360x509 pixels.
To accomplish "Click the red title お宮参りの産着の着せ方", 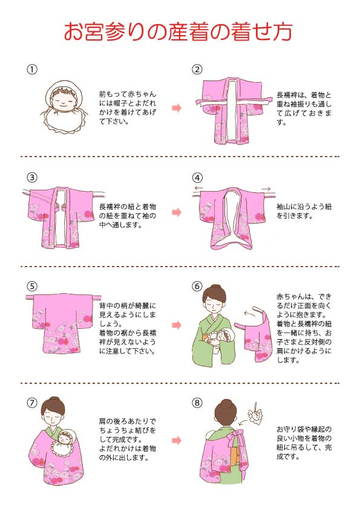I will click(180, 31).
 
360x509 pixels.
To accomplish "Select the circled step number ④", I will click(197, 178).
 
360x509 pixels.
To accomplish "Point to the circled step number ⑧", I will click(197, 401).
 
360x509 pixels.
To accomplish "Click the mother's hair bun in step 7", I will click(53, 401).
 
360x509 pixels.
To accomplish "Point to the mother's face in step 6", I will click(215, 302).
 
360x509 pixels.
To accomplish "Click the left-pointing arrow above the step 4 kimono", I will click(198, 189).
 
